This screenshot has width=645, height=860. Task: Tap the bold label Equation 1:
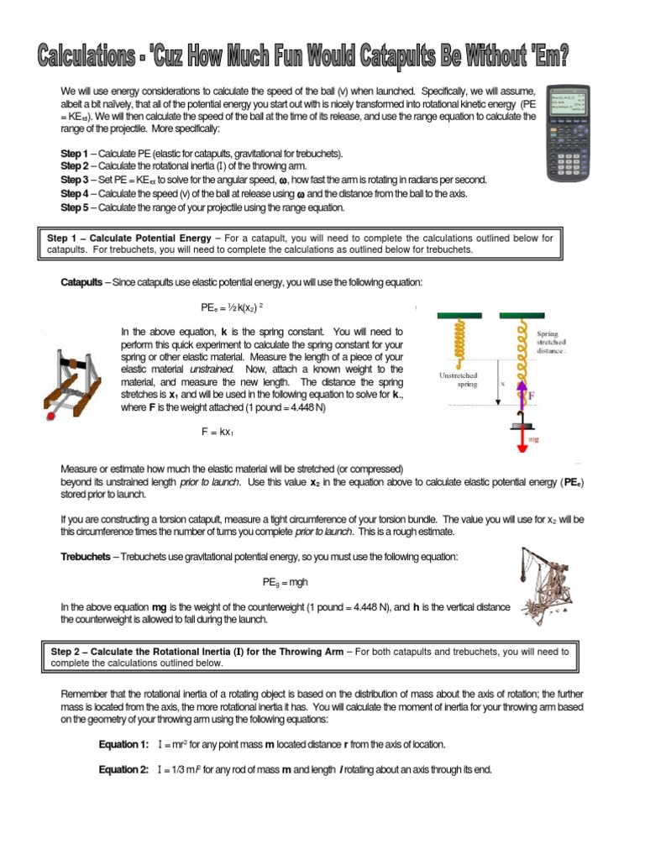click(x=123, y=744)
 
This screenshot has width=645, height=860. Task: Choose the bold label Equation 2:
click(x=123, y=769)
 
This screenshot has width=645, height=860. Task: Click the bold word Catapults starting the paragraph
click(x=81, y=283)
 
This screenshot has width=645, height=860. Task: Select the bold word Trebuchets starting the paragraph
click(x=84, y=557)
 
